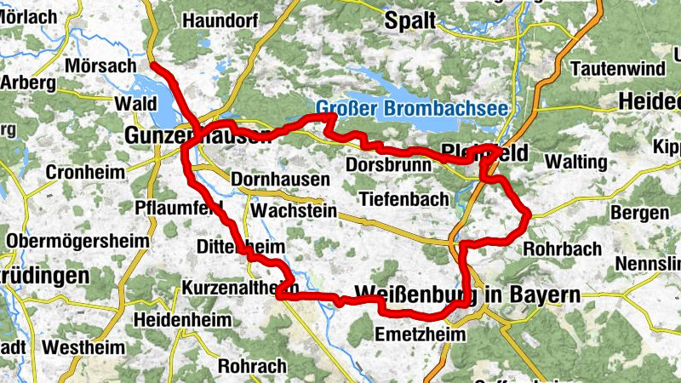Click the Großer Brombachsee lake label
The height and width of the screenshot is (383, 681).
412,109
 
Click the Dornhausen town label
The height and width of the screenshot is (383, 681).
281,180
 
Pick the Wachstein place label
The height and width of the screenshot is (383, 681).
295,209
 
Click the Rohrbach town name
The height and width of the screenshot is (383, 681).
562,249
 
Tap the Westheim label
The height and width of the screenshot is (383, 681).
83,348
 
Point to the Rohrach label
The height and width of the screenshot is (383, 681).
252,366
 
